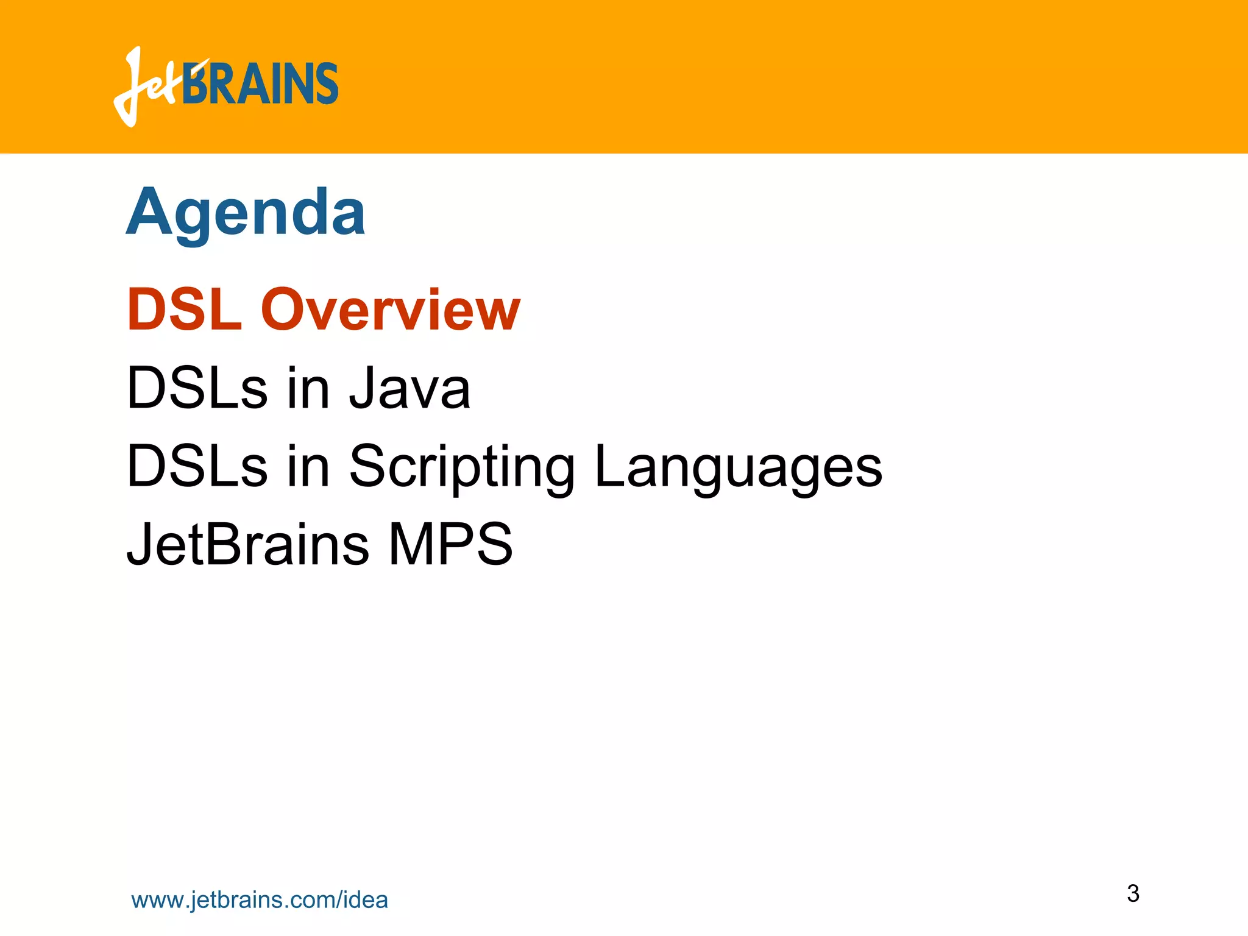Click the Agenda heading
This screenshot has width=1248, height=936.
(246, 213)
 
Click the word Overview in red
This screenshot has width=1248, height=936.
(390, 310)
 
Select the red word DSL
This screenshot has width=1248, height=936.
(185, 310)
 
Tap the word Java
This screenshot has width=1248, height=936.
(409, 388)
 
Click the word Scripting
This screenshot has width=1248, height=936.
(461, 467)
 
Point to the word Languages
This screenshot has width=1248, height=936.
(738, 467)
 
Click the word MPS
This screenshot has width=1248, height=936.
(450, 544)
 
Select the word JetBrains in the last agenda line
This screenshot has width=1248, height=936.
(247, 544)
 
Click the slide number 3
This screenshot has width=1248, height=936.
(1133, 893)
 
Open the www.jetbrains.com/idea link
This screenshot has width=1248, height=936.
(260, 900)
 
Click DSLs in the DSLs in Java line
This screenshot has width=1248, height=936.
(197, 388)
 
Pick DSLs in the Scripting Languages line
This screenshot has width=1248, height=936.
(197, 467)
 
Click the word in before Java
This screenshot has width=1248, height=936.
(308, 388)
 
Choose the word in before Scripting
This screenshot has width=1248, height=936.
(308, 467)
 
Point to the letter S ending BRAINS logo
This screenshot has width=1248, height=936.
(326, 84)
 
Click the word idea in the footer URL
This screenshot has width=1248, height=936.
(366, 900)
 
